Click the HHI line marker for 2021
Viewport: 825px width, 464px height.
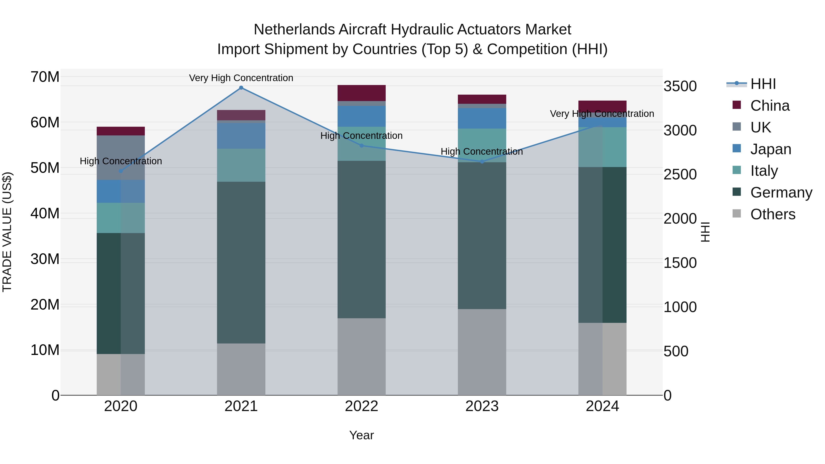241,88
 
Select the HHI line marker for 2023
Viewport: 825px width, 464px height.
482,162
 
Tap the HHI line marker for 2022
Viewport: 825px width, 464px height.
362,146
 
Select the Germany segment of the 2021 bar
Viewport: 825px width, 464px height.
241,263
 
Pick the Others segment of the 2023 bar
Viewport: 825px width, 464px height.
482,352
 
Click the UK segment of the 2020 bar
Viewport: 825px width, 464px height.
121,158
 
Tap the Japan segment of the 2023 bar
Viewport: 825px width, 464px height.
482,118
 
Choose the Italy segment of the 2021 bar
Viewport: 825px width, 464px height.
241,165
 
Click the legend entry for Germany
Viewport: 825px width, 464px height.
781,192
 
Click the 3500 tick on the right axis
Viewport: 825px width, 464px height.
680,86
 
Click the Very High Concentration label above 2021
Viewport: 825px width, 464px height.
241,78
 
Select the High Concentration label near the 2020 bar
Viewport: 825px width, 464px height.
121,161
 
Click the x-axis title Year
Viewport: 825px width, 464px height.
362,435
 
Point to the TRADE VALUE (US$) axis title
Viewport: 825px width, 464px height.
7,232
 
